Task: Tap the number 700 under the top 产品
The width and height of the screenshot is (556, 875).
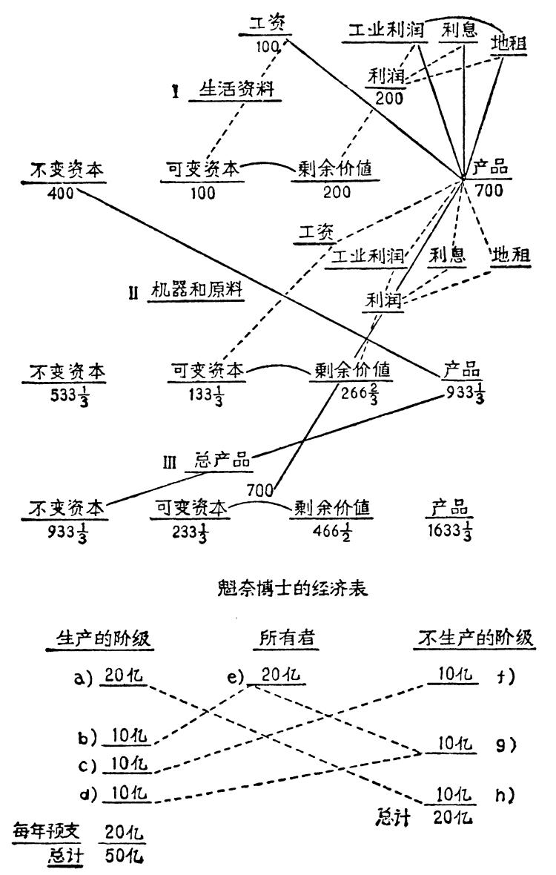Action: point(489,191)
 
